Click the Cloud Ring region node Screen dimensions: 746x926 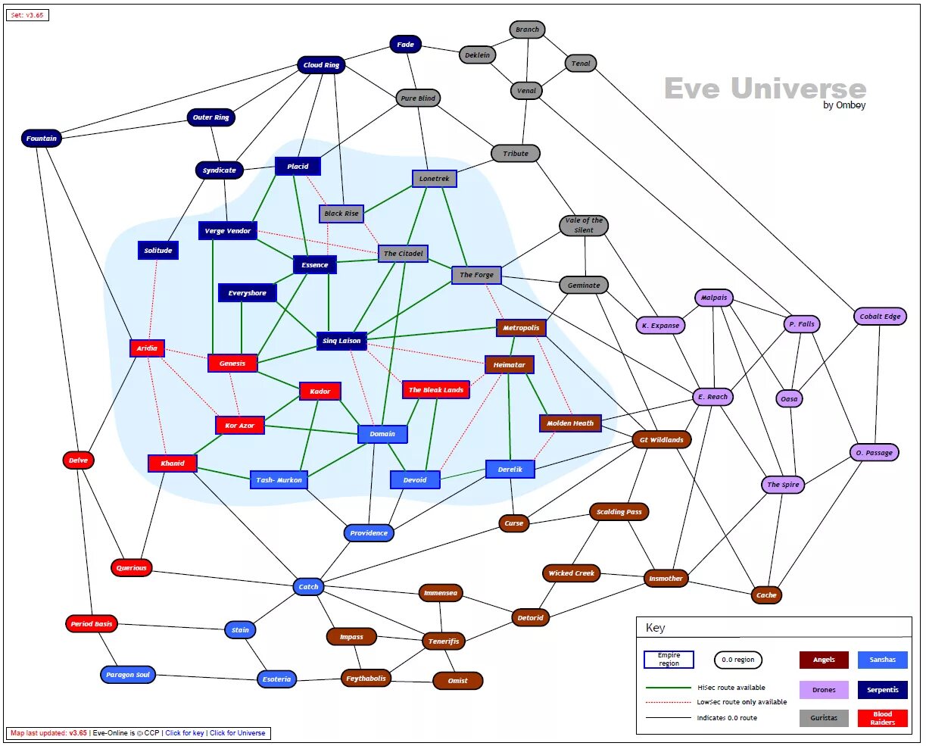click(321, 65)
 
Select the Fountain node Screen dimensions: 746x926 click(42, 139)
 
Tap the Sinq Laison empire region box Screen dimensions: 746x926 click(341, 341)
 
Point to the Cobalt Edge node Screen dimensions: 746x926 click(880, 317)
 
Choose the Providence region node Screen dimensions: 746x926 click(369, 533)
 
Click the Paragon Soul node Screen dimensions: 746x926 click(128, 675)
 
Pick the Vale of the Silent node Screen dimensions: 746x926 click(584, 225)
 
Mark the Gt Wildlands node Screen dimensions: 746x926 click(661, 439)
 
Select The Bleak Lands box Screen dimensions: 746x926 click(435, 390)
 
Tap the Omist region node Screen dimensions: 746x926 click(457, 681)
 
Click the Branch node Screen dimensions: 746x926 click(527, 30)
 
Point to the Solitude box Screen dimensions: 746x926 click(158, 251)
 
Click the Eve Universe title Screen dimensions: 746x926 click(765, 89)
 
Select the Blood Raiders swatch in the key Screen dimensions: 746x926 click(882, 718)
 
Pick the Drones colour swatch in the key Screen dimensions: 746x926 click(824, 690)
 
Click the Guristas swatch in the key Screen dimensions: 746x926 click(824, 718)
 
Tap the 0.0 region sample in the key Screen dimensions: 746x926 click(737, 660)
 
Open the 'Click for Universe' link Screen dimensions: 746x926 click(238, 733)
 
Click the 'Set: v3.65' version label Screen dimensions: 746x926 click(27, 15)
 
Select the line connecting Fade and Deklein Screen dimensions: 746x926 click(440, 49)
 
